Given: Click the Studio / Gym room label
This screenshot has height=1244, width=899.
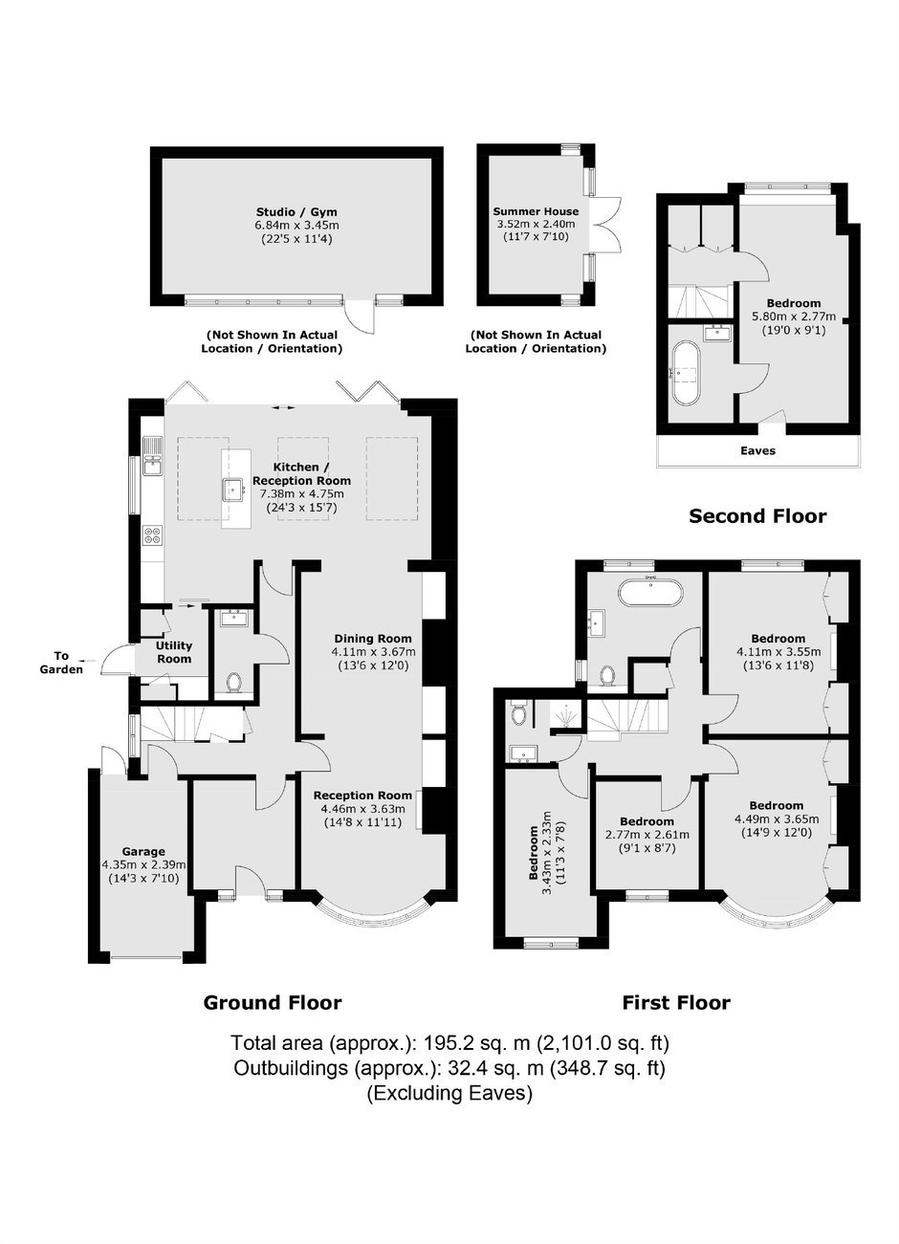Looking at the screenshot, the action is click(x=296, y=211).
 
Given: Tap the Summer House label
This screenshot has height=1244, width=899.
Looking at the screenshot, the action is click(x=536, y=211).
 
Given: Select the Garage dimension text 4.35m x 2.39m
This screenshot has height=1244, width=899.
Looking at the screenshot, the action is click(x=143, y=864).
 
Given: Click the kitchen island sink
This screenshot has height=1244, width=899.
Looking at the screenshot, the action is click(x=235, y=490).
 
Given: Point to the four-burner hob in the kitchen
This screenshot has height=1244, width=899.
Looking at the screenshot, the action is click(x=152, y=535).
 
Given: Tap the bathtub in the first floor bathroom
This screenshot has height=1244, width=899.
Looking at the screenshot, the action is click(x=650, y=593).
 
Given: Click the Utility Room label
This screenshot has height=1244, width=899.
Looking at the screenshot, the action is click(x=174, y=652).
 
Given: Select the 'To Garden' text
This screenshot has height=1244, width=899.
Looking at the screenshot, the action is click(x=61, y=663).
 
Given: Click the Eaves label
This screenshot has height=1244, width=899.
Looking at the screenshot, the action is click(x=757, y=450).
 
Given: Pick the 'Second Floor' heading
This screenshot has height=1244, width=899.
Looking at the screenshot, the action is click(x=757, y=516).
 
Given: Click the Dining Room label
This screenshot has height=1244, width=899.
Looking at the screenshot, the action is click(x=373, y=639).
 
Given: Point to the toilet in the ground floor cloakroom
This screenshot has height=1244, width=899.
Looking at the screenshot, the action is click(x=234, y=683).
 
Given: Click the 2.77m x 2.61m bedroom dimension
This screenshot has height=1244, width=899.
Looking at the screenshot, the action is click(x=647, y=835).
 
